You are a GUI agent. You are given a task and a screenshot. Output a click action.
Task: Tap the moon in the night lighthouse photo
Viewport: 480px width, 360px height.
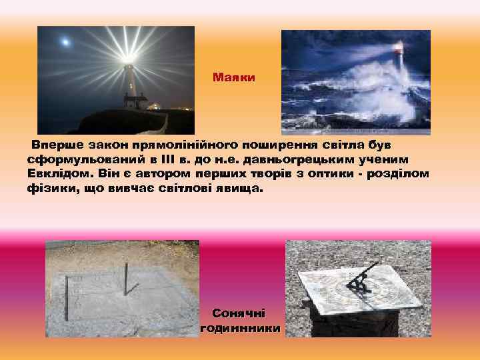click(65, 42)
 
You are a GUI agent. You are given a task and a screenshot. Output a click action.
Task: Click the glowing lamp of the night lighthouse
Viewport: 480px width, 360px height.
click(128, 63)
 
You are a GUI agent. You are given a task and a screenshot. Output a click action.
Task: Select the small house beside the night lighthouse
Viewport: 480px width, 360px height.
click(136, 101)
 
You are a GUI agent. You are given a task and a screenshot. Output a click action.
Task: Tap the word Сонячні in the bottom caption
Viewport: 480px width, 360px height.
click(239, 313)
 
